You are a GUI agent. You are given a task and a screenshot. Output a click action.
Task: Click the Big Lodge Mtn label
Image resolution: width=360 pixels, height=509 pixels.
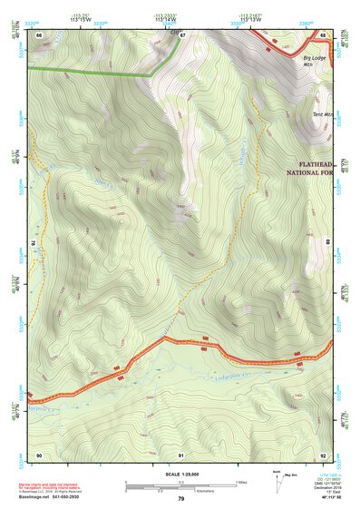[314, 60]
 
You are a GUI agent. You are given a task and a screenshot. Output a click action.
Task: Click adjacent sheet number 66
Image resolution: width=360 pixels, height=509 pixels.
[38, 34]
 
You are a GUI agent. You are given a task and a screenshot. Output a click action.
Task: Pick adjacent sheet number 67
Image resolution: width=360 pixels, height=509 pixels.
[182, 34]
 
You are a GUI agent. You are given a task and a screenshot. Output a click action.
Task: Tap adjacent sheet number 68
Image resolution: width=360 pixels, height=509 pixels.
[323, 34]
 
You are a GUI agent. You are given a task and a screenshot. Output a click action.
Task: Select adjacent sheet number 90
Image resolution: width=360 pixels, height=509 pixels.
[38, 454]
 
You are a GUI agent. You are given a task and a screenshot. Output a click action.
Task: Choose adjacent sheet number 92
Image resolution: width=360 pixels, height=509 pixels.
[323, 454]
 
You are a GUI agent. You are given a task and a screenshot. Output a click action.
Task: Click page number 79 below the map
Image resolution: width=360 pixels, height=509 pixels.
[181, 499]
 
